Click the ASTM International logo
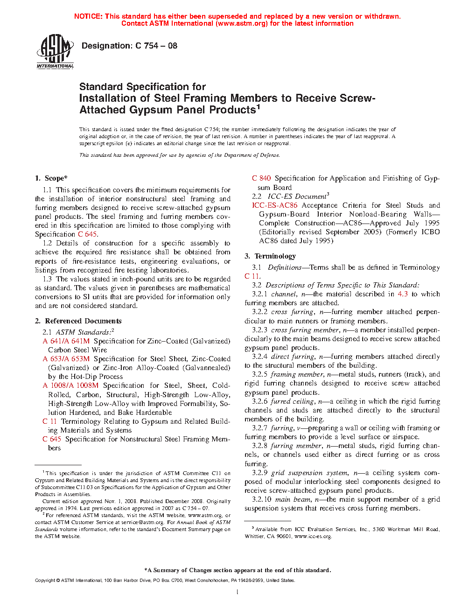click(55, 52)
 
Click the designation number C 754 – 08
click(156, 46)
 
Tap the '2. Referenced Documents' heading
click(78, 321)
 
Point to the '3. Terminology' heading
click(270, 256)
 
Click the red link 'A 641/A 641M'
click(66, 341)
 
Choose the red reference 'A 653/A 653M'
click(66, 359)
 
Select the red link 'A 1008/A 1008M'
click(70, 385)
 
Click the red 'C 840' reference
click(261, 178)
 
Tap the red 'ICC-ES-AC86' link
click(274, 205)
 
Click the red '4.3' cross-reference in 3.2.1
click(403, 294)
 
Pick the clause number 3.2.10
click(261, 499)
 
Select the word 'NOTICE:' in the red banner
click(88, 16)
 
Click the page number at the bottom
click(238, 592)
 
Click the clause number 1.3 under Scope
click(47, 279)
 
